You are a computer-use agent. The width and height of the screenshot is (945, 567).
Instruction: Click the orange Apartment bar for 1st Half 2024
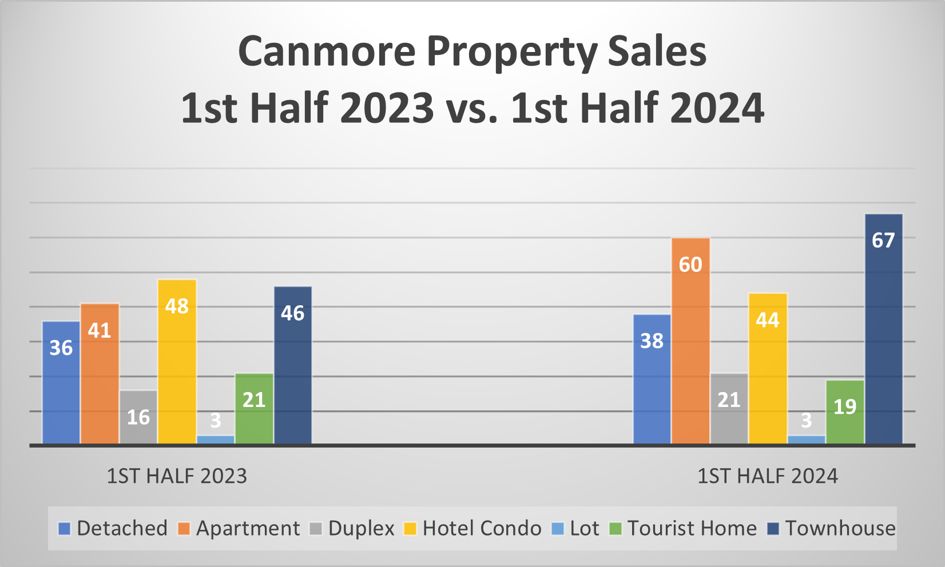point(690,343)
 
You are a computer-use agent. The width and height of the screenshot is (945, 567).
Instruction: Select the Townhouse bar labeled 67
point(883,332)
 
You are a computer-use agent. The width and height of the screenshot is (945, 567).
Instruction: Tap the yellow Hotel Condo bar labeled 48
point(177,366)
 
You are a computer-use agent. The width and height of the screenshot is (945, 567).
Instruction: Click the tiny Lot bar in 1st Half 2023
point(216,440)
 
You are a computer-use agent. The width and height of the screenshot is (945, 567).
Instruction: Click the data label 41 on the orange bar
point(100,330)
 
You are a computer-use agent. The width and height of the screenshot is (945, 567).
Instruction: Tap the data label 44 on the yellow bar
point(767,320)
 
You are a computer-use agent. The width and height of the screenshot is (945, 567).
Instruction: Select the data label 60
point(690,265)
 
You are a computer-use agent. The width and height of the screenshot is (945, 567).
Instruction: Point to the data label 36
point(61,348)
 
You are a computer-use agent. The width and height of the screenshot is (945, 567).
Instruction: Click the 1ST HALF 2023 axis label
point(177,476)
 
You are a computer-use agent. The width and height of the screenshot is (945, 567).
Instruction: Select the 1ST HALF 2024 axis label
point(767,476)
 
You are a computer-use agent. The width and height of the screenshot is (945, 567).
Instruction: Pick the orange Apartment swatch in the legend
point(184,529)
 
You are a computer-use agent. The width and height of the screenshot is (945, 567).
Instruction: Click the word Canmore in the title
point(326,51)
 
